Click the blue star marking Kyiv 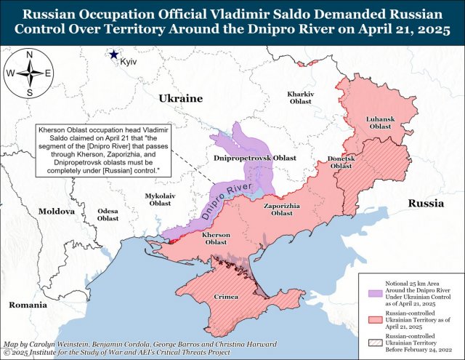pos(114,54)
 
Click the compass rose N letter pos(28,55)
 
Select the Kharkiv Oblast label pos(300,98)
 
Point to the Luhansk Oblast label pos(380,122)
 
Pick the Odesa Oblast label pos(108,215)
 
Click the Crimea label pos(227,297)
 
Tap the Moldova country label pos(57,211)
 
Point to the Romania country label pos(28,304)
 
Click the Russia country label pos(425,203)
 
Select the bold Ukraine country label pos(180,98)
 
